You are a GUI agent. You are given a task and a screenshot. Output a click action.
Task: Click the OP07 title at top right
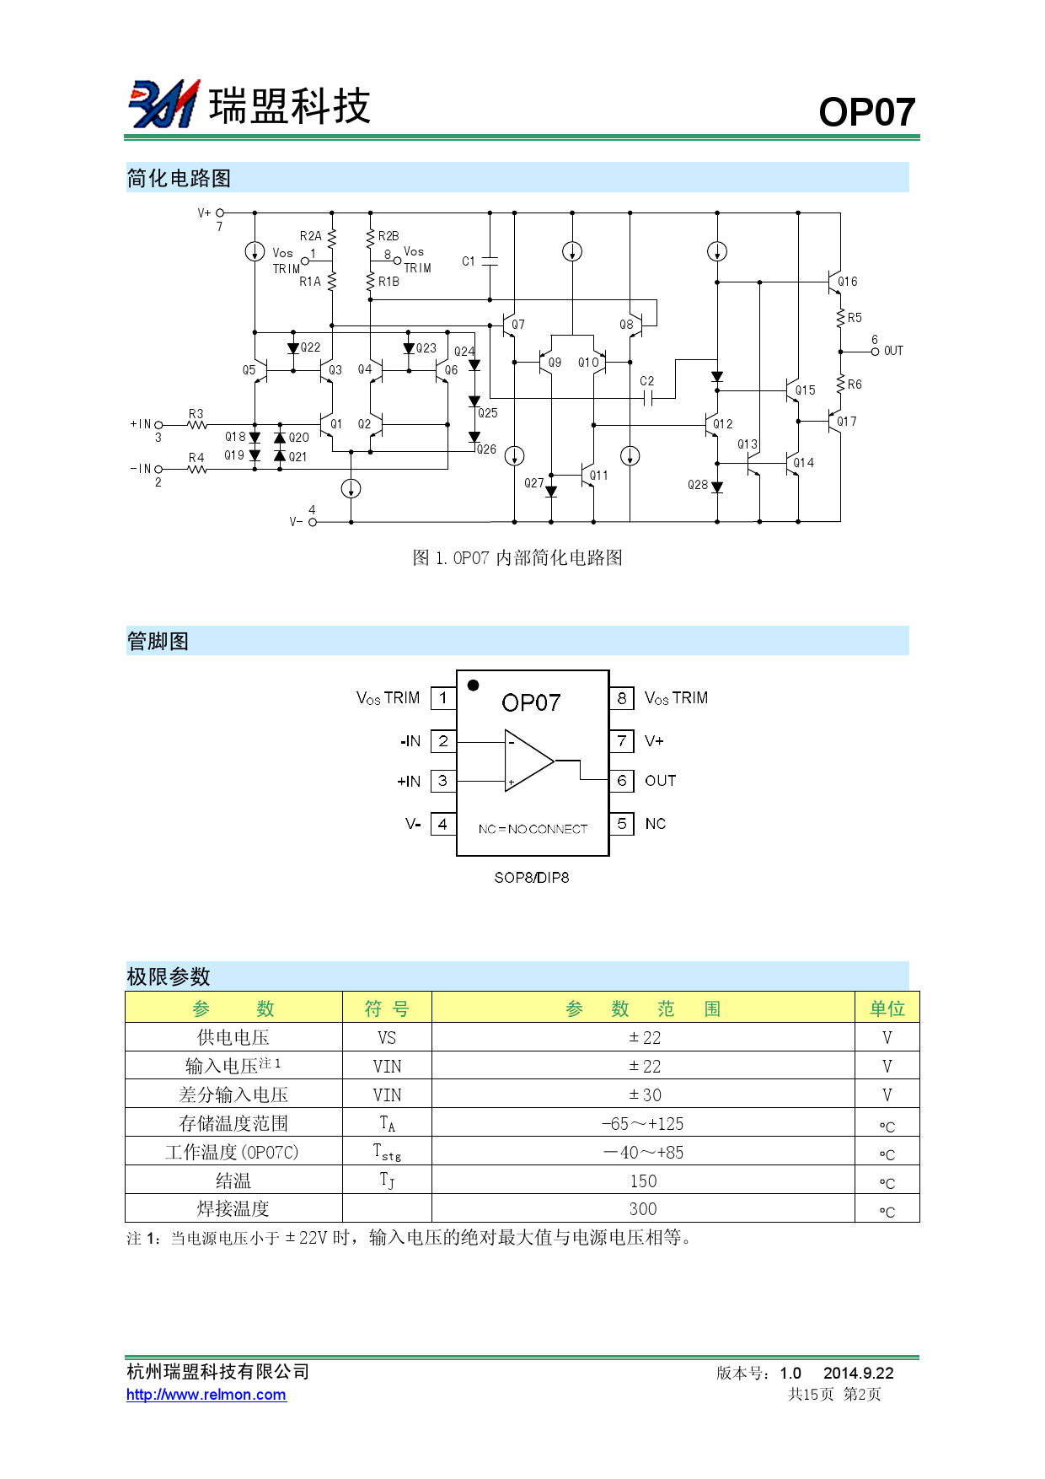click(x=866, y=112)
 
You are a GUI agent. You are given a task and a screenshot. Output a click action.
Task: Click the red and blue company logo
click(x=163, y=105)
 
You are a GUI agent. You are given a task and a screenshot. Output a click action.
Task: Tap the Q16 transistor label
click(x=848, y=282)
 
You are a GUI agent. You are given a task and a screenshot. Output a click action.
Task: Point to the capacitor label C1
click(x=469, y=261)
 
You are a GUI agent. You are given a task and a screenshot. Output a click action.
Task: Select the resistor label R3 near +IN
click(x=196, y=413)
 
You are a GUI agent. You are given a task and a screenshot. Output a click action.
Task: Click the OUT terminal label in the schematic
click(x=893, y=351)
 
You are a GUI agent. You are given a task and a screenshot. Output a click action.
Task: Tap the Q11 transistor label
click(x=598, y=476)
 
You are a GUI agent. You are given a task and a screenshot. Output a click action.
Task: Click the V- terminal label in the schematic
click(x=296, y=522)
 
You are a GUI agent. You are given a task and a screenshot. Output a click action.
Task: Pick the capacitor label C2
click(x=646, y=381)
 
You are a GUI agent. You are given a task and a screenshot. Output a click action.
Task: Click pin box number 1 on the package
click(x=442, y=698)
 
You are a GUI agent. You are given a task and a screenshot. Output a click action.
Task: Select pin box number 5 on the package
click(x=621, y=824)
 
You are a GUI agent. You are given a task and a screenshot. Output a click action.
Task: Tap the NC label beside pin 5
click(x=655, y=824)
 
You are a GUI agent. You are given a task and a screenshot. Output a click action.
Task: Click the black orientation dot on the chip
click(x=474, y=686)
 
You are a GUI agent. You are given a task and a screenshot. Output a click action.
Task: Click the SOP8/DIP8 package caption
click(x=531, y=878)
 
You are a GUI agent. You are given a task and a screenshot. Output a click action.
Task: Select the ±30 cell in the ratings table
click(x=644, y=1095)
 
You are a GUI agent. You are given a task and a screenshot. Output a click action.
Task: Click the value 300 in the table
click(x=642, y=1209)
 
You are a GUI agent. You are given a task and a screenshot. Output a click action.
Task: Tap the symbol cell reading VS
click(x=387, y=1038)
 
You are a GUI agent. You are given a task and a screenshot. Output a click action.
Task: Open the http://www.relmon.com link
click(x=206, y=1395)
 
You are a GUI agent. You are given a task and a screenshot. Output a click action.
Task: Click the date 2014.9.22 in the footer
click(x=858, y=1373)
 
